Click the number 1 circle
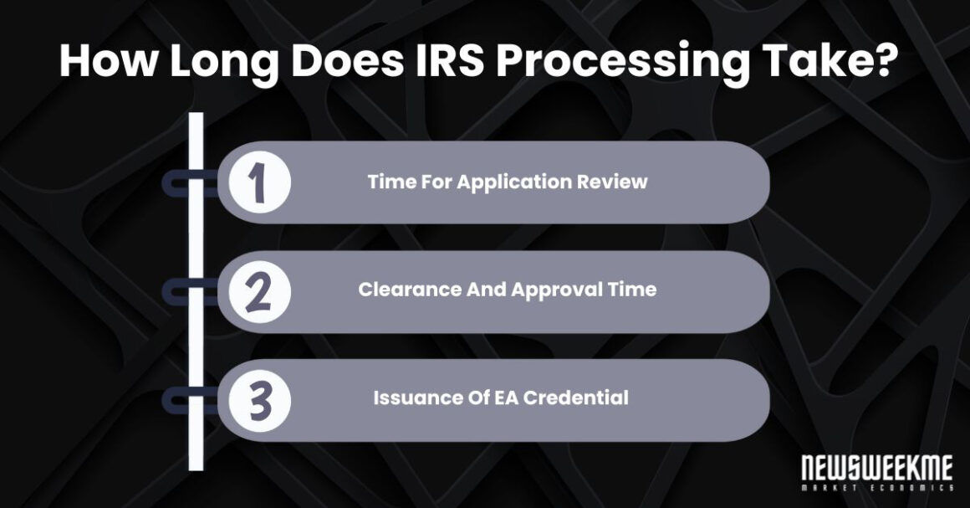pyautogui.click(x=258, y=182)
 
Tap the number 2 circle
pyautogui.click(x=258, y=291)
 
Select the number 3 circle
pyautogui.click(x=258, y=400)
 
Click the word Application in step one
pyautogui.click(x=509, y=182)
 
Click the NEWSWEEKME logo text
pyautogui.click(x=877, y=467)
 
